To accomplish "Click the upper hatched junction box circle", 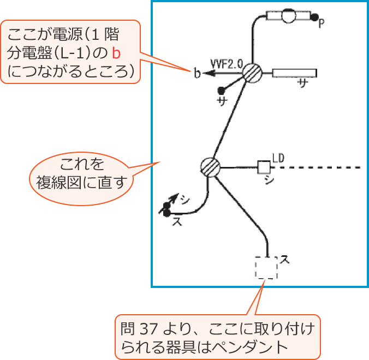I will point(252,73).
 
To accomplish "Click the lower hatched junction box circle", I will point(209,166).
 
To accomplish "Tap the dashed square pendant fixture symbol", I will point(266,267).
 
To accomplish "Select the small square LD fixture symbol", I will point(264,167).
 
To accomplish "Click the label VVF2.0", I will point(226,64).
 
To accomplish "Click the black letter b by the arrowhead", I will point(196,73).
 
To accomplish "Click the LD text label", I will point(278,158).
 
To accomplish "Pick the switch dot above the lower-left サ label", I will point(221,90).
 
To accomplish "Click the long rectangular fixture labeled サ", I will point(294,73).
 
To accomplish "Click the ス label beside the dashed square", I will point(284,259).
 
